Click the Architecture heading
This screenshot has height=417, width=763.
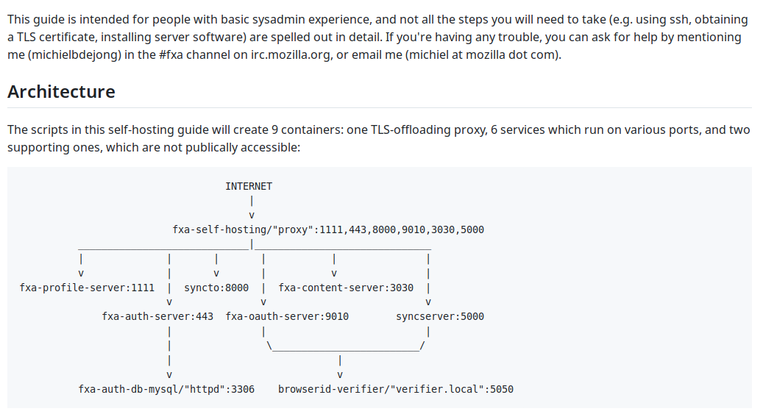click(x=61, y=91)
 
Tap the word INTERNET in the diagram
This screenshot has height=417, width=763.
click(x=249, y=186)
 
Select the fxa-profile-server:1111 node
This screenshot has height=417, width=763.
click(x=87, y=288)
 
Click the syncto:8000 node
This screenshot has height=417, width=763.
click(x=216, y=288)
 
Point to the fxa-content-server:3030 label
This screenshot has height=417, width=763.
click(x=346, y=288)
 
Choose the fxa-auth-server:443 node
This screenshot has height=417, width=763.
click(x=157, y=316)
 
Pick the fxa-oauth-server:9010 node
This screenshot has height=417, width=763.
click(x=287, y=316)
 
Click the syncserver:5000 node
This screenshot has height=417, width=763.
click(x=440, y=316)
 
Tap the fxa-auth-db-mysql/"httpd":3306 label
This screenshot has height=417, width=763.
click(x=166, y=389)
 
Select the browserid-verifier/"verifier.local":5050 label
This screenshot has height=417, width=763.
click(x=396, y=389)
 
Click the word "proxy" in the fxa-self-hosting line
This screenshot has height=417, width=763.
click(x=293, y=229)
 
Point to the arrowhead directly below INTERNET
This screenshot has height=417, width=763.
click(x=252, y=215)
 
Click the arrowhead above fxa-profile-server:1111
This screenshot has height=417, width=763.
click(x=81, y=274)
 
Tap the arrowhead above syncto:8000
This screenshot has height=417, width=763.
click(x=216, y=274)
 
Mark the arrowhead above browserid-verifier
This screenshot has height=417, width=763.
click(x=340, y=375)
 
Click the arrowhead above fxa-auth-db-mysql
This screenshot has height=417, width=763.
click(x=168, y=375)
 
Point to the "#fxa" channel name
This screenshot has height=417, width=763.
click(x=171, y=54)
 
